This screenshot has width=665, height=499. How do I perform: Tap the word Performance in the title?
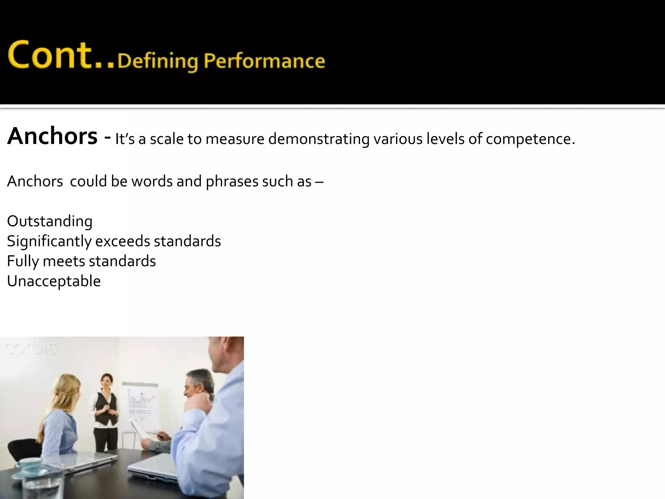pyautogui.click(x=264, y=61)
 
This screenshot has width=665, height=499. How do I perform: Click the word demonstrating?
pyautogui.click(x=319, y=139)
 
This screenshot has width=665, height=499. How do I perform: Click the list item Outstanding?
pyautogui.click(x=50, y=221)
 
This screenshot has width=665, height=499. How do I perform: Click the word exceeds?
pyautogui.click(x=122, y=241)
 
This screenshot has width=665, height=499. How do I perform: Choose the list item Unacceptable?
pyautogui.click(x=54, y=281)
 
